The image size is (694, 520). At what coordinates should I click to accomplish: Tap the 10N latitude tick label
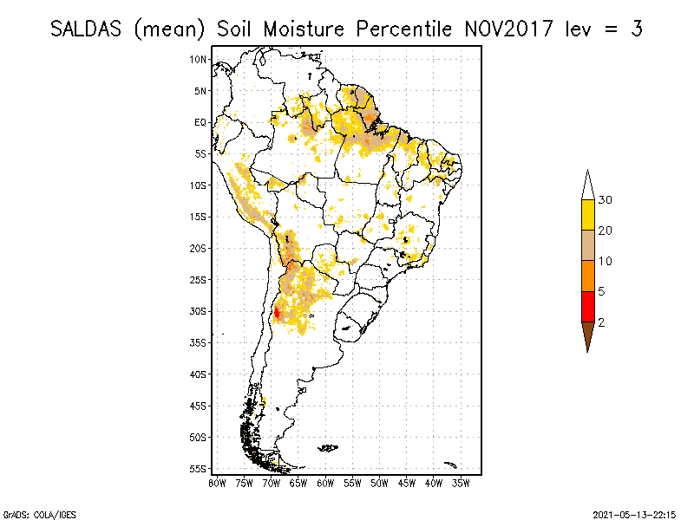tap(199, 59)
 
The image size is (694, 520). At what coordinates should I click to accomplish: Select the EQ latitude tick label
tap(200, 122)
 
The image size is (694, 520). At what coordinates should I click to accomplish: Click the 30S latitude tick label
tap(199, 311)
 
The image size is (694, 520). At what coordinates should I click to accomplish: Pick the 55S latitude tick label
tap(199, 469)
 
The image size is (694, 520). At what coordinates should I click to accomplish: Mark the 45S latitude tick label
tap(199, 406)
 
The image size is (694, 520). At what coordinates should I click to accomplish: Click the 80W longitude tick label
tap(217, 482)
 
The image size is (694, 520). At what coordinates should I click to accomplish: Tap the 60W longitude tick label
tap(325, 482)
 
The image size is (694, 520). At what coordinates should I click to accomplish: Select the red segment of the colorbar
tap(587, 307)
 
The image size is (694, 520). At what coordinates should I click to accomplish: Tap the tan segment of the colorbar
tap(587, 246)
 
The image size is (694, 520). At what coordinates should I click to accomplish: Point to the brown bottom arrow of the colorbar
tap(587, 335)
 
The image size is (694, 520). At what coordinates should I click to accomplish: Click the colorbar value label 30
tap(606, 200)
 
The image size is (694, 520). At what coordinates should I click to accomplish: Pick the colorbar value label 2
tap(602, 322)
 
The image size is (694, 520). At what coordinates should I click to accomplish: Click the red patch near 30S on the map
tap(277, 314)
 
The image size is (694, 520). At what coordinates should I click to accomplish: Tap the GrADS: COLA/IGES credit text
tap(31, 513)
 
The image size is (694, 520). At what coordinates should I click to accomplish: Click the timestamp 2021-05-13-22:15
tap(633, 513)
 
